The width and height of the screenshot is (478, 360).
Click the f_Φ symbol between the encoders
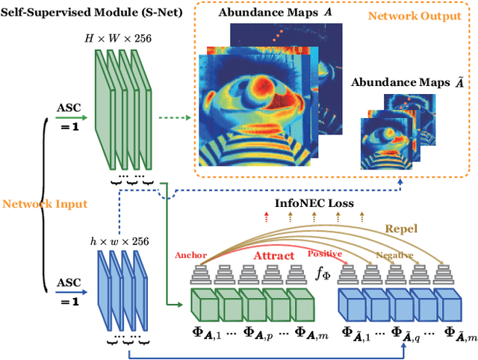323,276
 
